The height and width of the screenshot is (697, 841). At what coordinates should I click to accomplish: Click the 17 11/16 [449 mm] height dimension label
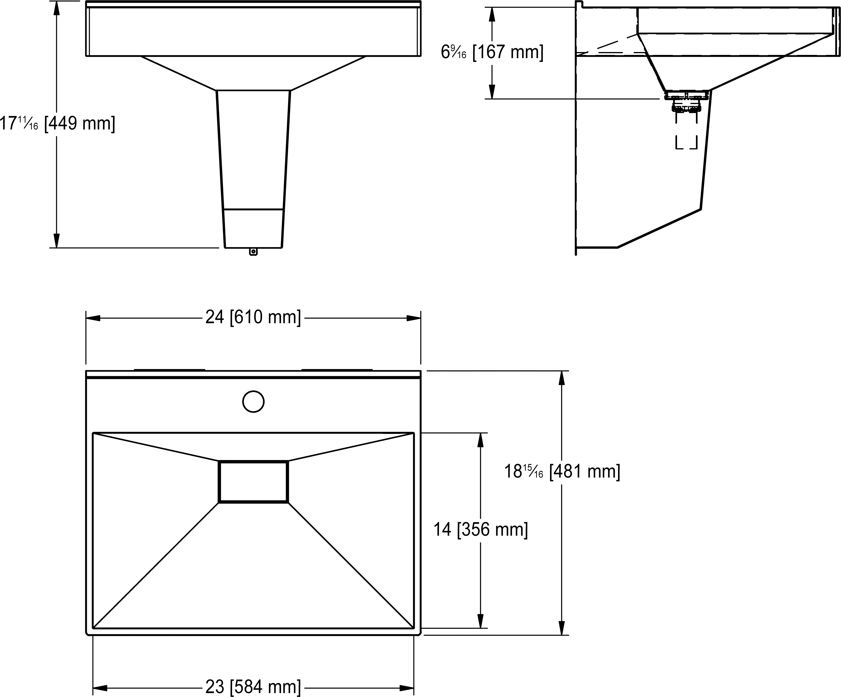click(58, 123)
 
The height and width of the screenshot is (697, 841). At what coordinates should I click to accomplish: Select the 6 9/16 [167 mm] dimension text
click(492, 52)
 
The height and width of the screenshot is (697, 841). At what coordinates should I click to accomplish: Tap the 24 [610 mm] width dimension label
click(253, 317)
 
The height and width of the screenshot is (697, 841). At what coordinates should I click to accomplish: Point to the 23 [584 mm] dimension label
click(253, 687)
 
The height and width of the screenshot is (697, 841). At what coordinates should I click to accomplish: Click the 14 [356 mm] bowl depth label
click(481, 530)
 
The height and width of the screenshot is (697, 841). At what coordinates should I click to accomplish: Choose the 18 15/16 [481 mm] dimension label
click(562, 471)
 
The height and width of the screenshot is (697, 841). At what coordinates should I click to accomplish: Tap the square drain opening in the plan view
click(253, 482)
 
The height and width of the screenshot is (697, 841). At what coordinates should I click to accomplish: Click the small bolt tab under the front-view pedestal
click(253, 251)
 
